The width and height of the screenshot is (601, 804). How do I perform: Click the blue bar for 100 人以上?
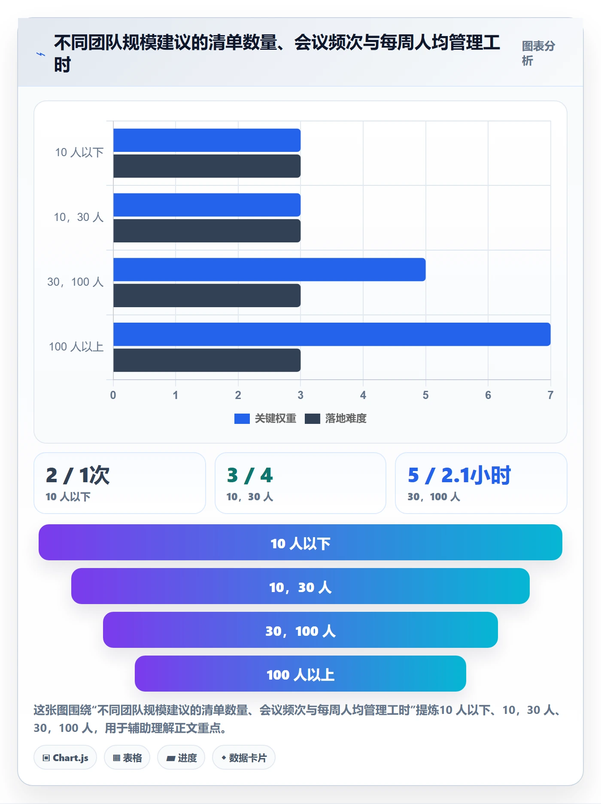click(x=332, y=334)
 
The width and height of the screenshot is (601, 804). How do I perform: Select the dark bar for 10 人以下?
click(x=207, y=166)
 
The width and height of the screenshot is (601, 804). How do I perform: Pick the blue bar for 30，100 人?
click(x=270, y=269)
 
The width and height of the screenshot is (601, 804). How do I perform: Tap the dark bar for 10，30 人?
click(x=207, y=231)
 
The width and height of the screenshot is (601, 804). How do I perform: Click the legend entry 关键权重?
click(x=265, y=418)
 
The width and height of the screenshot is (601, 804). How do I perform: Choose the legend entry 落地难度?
click(x=336, y=418)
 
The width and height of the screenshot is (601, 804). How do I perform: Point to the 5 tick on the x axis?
click(x=425, y=395)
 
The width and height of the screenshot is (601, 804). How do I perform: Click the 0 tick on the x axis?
click(x=113, y=395)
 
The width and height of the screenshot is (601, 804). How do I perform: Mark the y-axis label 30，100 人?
click(x=76, y=282)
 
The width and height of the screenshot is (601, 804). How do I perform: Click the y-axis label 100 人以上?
click(x=76, y=347)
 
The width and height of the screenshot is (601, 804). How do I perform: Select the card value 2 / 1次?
click(x=78, y=475)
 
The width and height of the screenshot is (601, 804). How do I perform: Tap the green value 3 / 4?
click(x=250, y=475)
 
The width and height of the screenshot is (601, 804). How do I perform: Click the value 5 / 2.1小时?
click(x=459, y=475)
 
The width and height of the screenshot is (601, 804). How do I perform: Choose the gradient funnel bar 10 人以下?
click(x=300, y=542)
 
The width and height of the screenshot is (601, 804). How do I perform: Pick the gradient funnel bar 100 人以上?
click(x=300, y=674)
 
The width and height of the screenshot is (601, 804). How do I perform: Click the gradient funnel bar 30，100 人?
click(x=300, y=630)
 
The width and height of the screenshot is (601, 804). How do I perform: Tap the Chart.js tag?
click(x=65, y=758)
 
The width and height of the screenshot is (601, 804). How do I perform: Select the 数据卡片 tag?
click(x=244, y=758)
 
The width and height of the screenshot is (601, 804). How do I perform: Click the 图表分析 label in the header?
click(x=538, y=53)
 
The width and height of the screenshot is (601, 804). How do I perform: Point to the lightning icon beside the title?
click(x=41, y=54)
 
